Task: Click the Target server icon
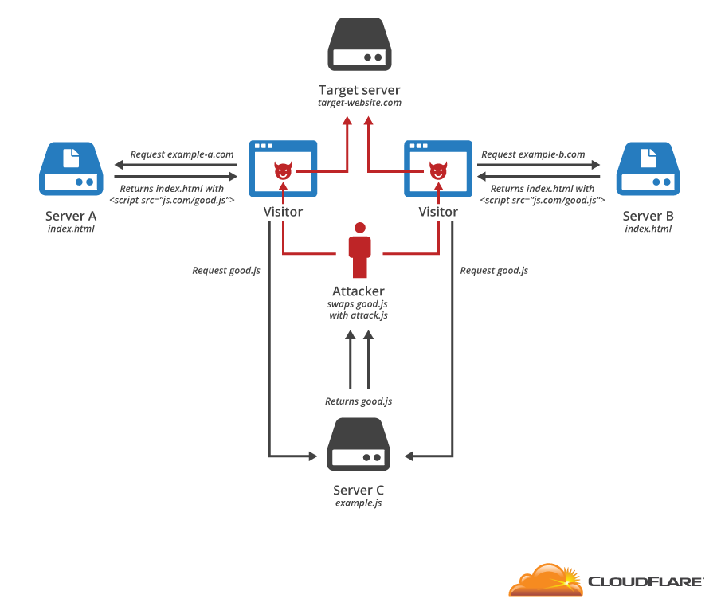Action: pos(358,47)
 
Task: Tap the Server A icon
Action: pos(71,169)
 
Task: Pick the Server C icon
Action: pos(358,446)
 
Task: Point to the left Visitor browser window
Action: pos(283,169)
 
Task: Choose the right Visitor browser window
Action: pos(438,169)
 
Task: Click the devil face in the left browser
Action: pos(283,171)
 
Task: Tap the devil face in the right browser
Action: pos(438,171)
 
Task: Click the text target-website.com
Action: pos(359,104)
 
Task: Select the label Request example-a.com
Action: pos(182,154)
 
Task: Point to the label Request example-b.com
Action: pos(533,154)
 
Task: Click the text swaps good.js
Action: pos(358,304)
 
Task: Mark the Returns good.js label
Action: pos(358,401)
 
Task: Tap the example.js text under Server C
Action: pos(358,503)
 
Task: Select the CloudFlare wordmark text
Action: pos(645,581)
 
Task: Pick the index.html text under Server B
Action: pos(648,229)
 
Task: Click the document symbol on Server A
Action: pos(71,156)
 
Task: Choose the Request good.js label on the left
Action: pos(226,271)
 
